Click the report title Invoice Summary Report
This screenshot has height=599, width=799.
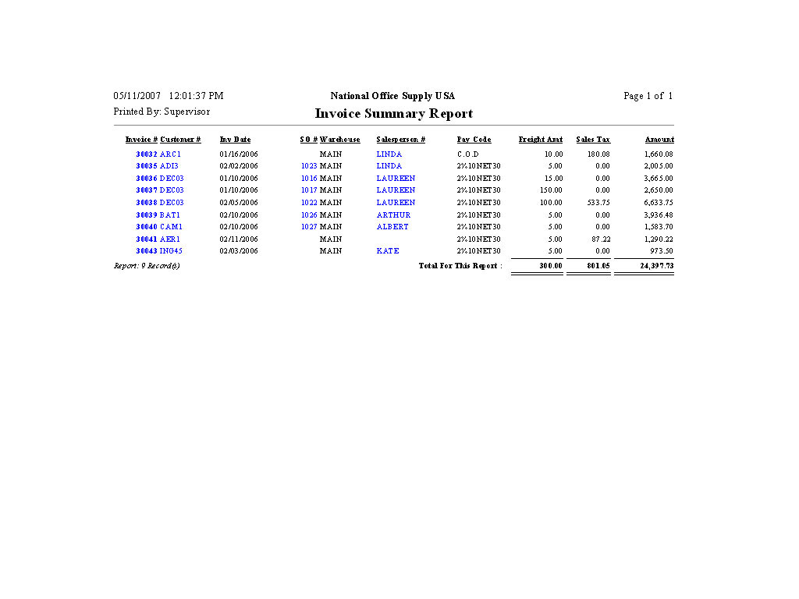(393, 114)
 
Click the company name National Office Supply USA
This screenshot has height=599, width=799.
(392, 96)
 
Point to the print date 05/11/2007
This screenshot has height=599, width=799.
(137, 96)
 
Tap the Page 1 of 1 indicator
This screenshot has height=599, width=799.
(648, 96)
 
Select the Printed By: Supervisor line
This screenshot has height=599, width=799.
(162, 112)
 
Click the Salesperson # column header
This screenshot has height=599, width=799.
(400, 140)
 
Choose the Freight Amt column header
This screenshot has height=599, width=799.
(540, 140)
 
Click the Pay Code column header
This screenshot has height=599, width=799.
(474, 140)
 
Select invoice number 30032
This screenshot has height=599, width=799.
(146, 154)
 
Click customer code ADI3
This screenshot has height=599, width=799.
(169, 166)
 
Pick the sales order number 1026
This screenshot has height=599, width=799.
(309, 215)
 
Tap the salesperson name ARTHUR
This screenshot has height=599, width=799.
(393, 215)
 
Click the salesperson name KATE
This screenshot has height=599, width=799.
(387, 251)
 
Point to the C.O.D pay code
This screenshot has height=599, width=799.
(468, 154)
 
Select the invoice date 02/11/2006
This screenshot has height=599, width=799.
(239, 239)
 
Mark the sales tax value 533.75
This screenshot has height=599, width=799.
(598, 203)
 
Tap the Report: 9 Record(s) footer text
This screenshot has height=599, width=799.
(147, 266)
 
